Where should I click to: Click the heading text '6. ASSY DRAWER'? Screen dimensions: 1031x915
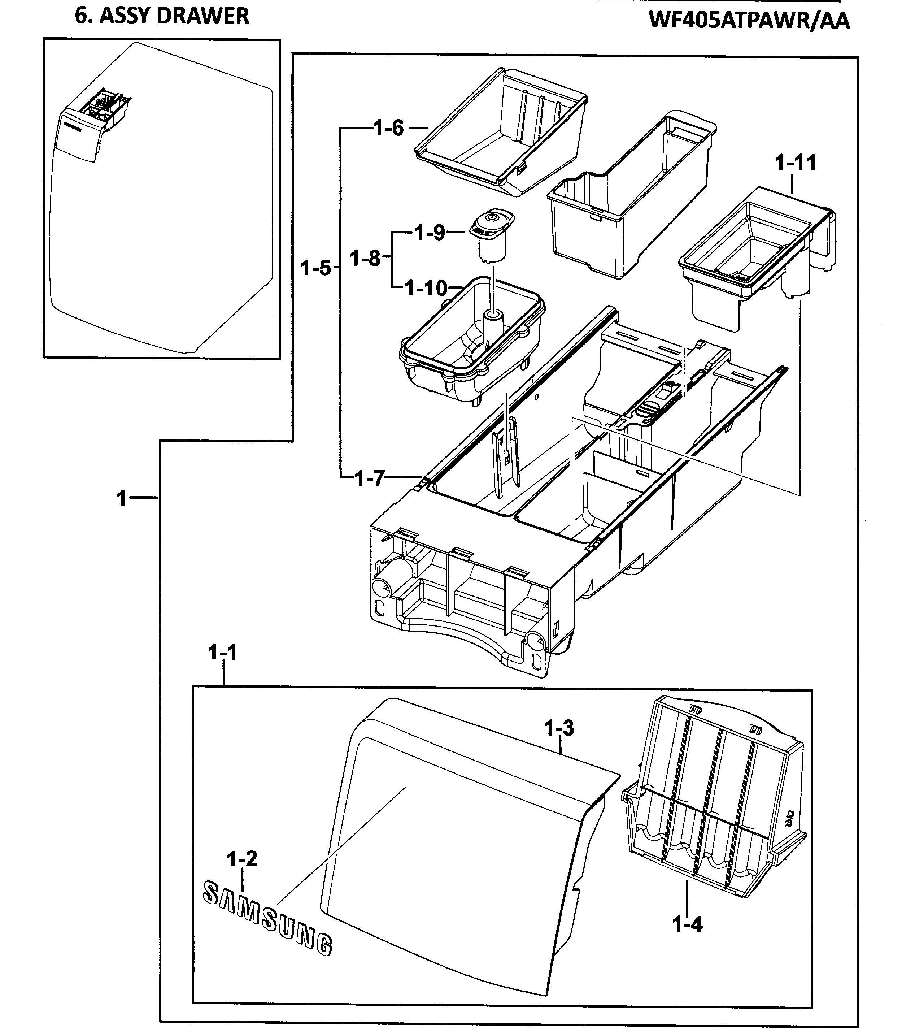click(x=162, y=16)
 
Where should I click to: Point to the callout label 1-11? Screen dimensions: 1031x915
click(x=795, y=163)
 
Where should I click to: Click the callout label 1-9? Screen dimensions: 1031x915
click(x=430, y=233)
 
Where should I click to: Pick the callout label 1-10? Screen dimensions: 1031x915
click(x=426, y=289)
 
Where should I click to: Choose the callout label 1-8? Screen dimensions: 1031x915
click(x=365, y=258)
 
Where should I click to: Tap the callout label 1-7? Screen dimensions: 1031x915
click(x=370, y=478)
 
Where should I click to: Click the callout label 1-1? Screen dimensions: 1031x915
click(x=222, y=653)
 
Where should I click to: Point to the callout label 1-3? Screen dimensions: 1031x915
click(x=559, y=728)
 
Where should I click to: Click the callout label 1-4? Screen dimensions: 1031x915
click(x=687, y=924)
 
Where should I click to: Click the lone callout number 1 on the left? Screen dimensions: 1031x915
click(x=122, y=498)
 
